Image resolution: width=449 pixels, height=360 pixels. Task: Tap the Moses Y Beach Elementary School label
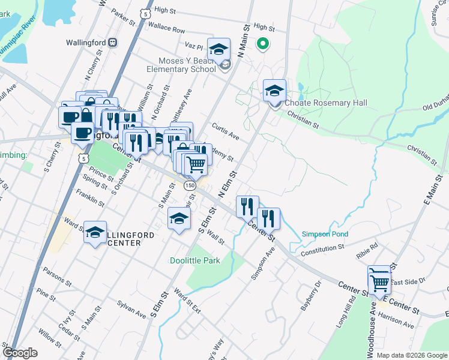click(x=187, y=65)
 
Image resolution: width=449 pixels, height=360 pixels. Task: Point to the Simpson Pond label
click(x=325, y=234)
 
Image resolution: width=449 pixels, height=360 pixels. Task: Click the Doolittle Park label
click(x=194, y=260)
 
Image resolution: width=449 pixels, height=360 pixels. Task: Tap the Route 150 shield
click(x=190, y=186)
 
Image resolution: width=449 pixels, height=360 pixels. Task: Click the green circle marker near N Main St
click(x=262, y=43)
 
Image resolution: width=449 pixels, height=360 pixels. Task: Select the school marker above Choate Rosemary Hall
click(x=274, y=91)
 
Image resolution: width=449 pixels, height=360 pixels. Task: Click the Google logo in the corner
click(x=20, y=353)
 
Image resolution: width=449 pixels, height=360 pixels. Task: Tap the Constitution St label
click(x=323, y=247)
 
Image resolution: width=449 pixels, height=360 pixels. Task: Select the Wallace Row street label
click(x=167, y=28)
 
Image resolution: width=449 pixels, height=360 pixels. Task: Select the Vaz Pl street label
click(x=194, y=46)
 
